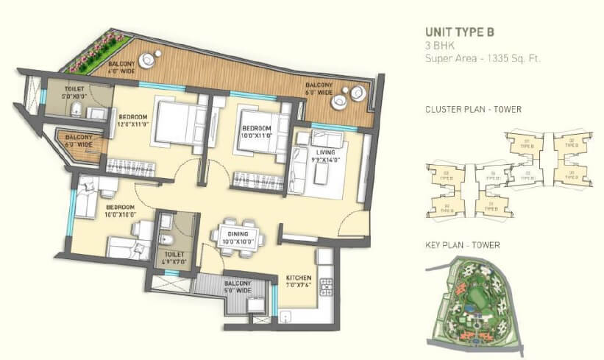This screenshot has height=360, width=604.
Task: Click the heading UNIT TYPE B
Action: point(460,32)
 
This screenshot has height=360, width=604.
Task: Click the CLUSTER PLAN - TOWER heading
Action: point(473,110)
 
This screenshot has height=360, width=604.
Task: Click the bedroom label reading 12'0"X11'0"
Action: point(132,121)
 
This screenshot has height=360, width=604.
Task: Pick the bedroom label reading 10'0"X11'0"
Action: point(257,131)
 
